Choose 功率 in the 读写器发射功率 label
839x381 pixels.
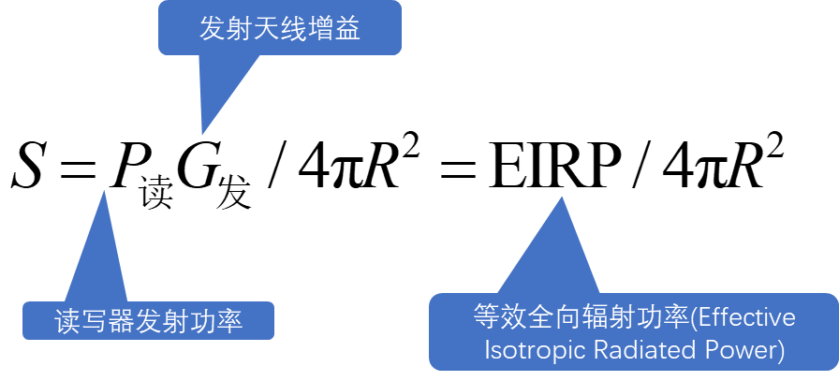[216, 322]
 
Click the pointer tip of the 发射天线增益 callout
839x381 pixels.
[203, 133]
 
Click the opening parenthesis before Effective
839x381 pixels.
[694, 317]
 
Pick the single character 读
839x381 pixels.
[67, 322]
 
